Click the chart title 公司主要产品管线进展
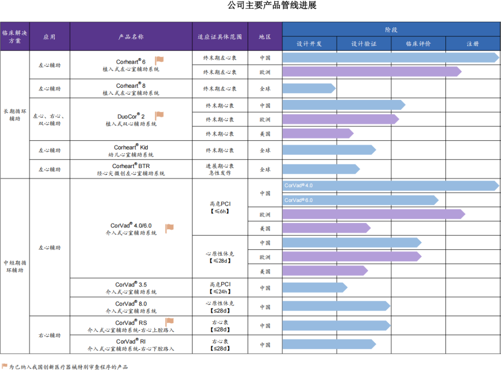tap(272, 5)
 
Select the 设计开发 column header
tap(309, 44)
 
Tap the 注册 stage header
tap(473, 44)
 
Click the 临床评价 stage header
tap(418, 44)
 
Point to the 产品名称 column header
tap(131, 37)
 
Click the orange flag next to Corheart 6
tap(159, 60)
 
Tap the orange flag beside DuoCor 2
tap(159, 115)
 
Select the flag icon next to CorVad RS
tap(169, 321)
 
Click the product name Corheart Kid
tap(131, 148)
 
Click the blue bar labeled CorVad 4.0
tap(391, 186)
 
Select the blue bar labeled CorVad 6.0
tap(360, 200)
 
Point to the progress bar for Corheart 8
tap(309, 88)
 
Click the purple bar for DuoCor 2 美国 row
tap(318, 133)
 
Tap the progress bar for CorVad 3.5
tap(315, 287)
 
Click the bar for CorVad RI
tap(329, 344)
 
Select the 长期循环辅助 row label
tap(15, 115)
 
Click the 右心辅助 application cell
tap(50, 335)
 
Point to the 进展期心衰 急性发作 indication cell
tap(220, 169)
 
